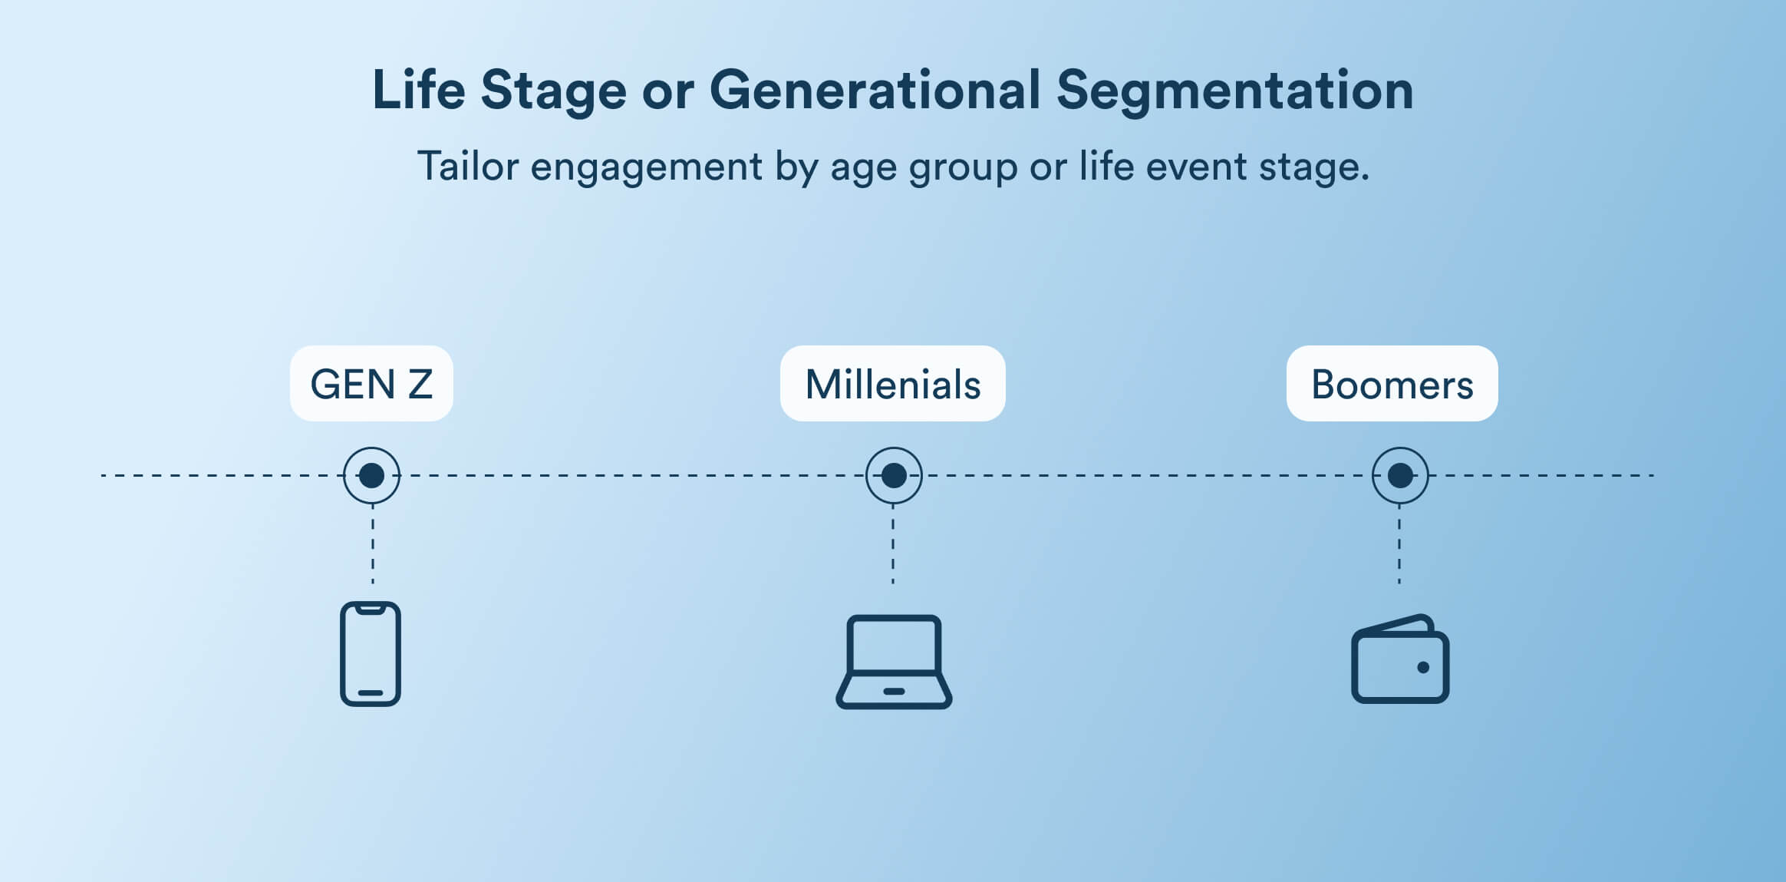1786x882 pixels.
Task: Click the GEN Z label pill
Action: click(x=371, y=384)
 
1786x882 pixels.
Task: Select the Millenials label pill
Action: click(x=892, y=384)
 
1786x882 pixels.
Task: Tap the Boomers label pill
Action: click(x=1392, y=384)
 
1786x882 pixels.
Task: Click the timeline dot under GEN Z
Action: click(x=371, y=475)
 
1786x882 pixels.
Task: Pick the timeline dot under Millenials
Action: click(x=894, y=475)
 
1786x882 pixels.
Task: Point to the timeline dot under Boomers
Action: click(x=1400, y=475)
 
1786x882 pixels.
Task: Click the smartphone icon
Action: click(x=371, y=654)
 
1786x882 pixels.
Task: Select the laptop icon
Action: click(x=894, y=662)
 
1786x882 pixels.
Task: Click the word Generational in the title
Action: click(x=875, y=91)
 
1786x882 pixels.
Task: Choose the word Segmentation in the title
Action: click(x=1234, y=91)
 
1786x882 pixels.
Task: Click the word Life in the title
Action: click(x=418, y=91)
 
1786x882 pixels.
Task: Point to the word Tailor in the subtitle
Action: click(x=467, y=166)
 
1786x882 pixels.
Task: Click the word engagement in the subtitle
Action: click(x=646, y=167)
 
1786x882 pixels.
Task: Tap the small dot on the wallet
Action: click(x=1423, y=667)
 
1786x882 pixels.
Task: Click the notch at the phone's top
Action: click(x=371, y=609)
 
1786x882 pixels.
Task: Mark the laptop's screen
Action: click(x=894, y=644)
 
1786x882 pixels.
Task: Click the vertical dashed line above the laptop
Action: click(x=893, y=545)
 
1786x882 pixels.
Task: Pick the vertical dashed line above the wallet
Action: click(x=1399, y=545)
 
